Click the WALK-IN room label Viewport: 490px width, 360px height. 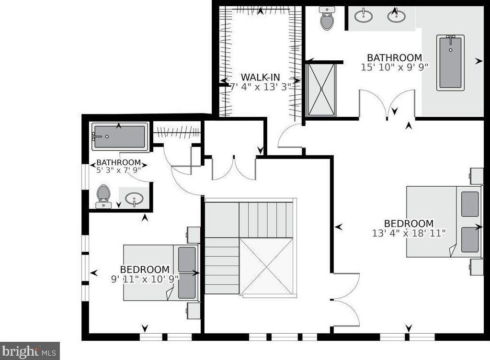point(260,77)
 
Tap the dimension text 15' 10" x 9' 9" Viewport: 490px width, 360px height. point(394,67)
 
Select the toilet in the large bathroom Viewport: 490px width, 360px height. point(327,18)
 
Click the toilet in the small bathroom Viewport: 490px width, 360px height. point(103,197)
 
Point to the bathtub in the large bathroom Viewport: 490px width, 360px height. point(450,63)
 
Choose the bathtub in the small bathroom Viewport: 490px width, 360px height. point(120,136)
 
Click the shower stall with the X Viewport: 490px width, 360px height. point(321,90)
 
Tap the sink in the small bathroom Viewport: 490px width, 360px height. point(134,198)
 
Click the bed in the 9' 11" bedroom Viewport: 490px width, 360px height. point(161,272)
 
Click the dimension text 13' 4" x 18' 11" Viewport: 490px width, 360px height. point(409,233)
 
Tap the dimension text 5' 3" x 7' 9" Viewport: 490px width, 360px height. point(118,169)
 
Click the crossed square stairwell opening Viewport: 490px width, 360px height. point(266,266)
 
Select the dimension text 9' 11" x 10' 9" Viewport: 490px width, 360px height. point(145,279)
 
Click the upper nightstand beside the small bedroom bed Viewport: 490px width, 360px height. point(194,235)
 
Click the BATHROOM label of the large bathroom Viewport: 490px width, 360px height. point(394,58)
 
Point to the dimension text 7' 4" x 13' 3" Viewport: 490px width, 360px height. point(260,87)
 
